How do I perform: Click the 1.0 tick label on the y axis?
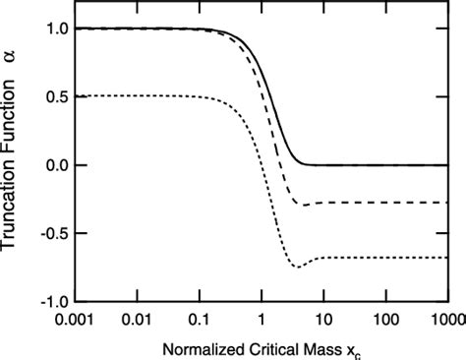[x=60, y=29]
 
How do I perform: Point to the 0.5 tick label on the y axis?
[x=60, y=96]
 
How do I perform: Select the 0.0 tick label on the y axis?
[x=60, y=165]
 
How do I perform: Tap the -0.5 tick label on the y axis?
[x=57, y=233]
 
